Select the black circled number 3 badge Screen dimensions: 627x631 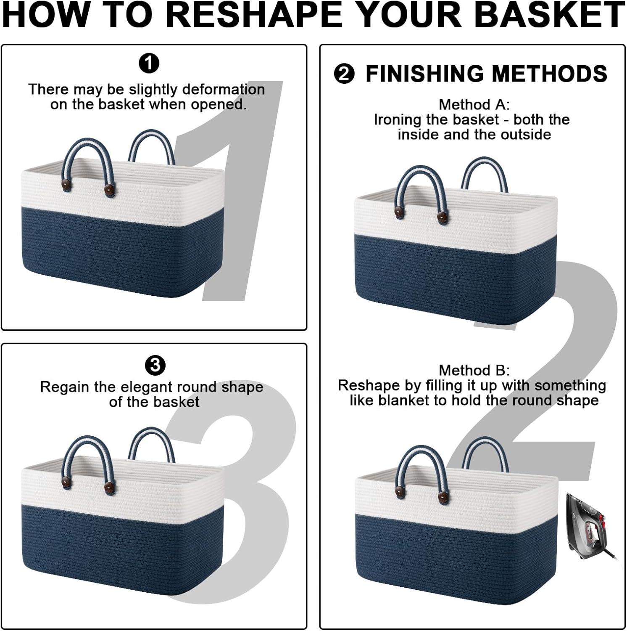pos(155,365)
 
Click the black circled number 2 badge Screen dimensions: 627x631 pos(344,74)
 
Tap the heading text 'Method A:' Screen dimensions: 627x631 pos(474,104)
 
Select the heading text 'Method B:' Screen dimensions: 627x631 pos(474,370)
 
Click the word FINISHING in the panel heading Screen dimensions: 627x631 pos(425,74)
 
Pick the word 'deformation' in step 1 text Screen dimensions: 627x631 pos(224,90)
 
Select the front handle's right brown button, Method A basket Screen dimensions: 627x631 pos(442,217)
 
